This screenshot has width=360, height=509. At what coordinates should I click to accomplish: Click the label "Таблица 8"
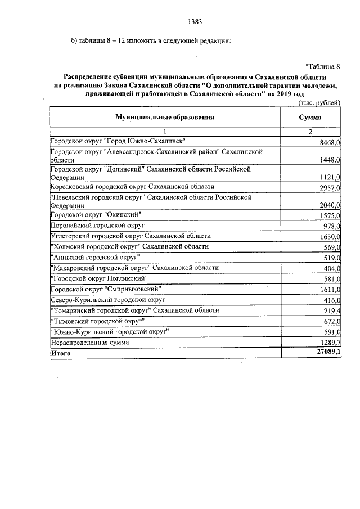323,66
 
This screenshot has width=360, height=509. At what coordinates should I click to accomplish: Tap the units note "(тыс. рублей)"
319,102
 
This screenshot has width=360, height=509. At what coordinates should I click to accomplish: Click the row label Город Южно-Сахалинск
118,141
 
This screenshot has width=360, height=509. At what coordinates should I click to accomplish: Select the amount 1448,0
330,160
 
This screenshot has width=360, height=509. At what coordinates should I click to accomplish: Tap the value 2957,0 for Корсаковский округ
330,188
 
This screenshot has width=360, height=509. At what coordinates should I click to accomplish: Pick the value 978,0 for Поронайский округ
331,226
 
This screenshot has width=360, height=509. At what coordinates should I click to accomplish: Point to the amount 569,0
331,247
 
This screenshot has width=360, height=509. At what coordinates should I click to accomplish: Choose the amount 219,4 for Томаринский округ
331,311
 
